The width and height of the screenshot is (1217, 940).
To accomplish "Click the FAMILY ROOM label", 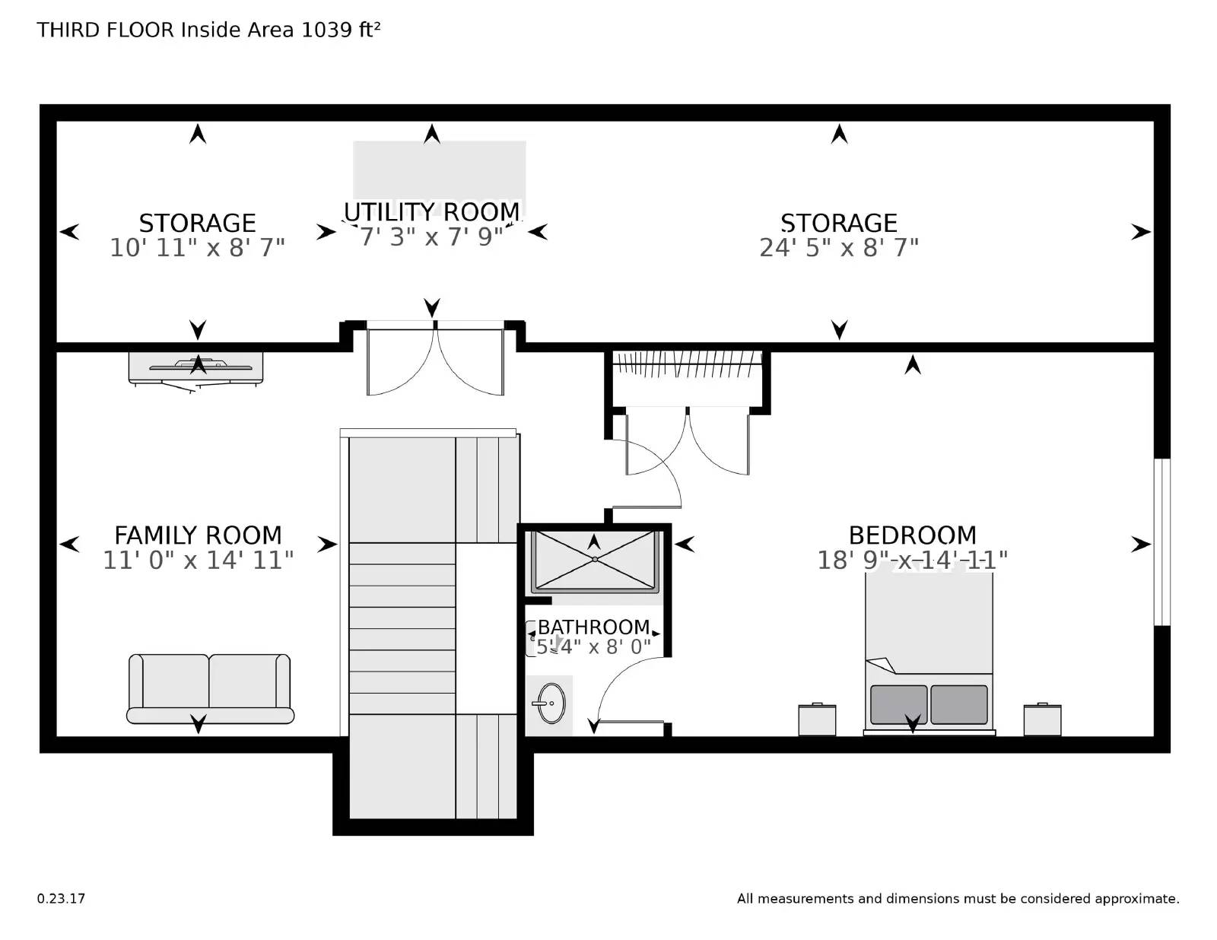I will (x=198, y=535).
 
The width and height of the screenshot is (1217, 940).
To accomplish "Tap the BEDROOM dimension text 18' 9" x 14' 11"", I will (x=912, y=561).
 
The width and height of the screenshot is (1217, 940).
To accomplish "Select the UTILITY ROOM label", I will (x=432, y=211).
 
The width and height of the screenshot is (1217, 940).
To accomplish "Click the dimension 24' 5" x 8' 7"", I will (x=839, y=248).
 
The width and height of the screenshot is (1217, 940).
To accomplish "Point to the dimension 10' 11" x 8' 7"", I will (x=198, y=248).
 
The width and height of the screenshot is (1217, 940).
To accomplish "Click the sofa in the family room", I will (x=210, y=688).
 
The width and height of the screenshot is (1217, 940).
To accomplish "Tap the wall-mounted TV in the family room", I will (x=196, y=368).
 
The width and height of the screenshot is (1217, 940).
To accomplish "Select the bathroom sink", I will (x=548, y=703).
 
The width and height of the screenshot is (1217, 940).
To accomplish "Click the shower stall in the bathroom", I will (x=594, y=561).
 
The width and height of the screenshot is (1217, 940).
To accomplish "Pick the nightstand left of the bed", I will (x=817, y=719).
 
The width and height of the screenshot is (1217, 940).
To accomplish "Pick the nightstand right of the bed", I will (x=1042, y=719).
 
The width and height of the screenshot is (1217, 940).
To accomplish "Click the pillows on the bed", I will (x=929, y=704).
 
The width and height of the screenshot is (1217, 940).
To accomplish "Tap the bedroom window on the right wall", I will (x=1161, y=541).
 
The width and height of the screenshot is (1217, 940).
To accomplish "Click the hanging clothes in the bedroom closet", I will (x=687, y=363).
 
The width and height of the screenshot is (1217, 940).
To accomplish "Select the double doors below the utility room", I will (x=435, y=360).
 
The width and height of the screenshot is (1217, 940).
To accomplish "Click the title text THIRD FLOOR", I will (x=106, y=30).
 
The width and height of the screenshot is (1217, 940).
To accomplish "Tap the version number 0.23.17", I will (x=61, y=898).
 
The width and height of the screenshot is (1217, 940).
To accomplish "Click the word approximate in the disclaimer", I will (x=1136, y=899).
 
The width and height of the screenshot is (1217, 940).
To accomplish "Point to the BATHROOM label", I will (x=594, y=627).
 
